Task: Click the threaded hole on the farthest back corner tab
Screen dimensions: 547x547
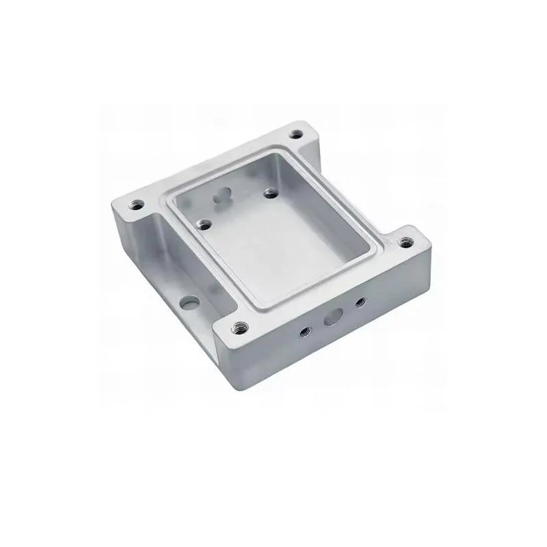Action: point(297,135)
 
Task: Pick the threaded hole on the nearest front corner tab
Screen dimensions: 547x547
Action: point(240,326)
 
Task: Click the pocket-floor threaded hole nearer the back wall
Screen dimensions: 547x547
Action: point(269,194)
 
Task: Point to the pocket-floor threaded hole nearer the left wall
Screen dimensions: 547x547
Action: point(203,223)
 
